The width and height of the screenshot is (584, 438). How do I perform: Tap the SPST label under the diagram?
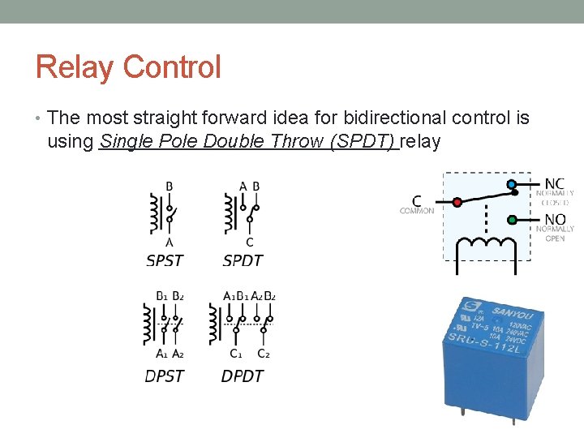pyautogui.click(x=165, y=260)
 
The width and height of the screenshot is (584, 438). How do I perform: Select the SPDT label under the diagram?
pyautogui.click(x=243, y=260)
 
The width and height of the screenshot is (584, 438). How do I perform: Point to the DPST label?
pyautogui.click(x=165, y=376)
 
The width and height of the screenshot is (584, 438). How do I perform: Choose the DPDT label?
pyautogui.click(x=243, y=376)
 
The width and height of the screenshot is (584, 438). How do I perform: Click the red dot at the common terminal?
pyautogui.click(x=457, y=202)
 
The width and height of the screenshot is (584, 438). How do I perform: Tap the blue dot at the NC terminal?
pyautogui.click(x=512, y=185)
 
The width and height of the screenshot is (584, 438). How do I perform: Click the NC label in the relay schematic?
pyautogui.click(x=555, y=183)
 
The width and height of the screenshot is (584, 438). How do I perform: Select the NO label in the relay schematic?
pyautogui.click(x=555, y=218)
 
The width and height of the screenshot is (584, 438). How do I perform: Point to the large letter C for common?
pyautogui.click(x=417, y=200)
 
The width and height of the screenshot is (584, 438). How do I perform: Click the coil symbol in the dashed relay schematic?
pyautogui.click(x=487, y=243)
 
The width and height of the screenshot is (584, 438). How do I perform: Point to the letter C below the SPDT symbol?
pyautogui.click(x=249, y=242)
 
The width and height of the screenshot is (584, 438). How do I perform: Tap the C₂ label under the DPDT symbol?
pyautogui.click(x=264, y=354)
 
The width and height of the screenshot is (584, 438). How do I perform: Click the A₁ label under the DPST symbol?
pyautogui.click(x=161, y=354)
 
